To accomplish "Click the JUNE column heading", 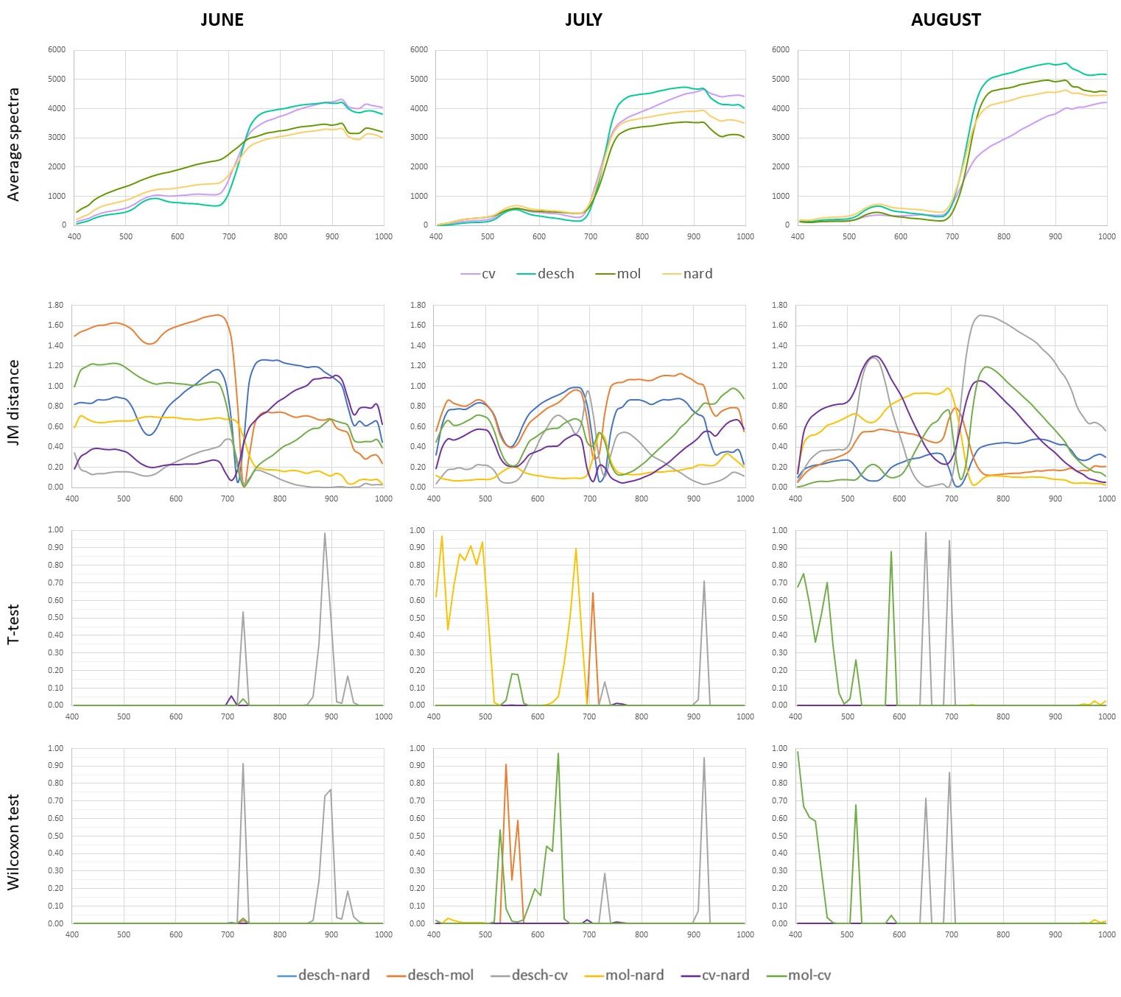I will click(x=222, y=20).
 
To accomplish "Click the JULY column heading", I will click(x=583, y=20).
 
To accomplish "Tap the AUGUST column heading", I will click(x=946, y=20).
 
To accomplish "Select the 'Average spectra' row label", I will click(x=13, y=144).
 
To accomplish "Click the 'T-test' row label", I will click(x=13, y=625).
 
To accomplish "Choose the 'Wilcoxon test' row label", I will click(x=13, y=841).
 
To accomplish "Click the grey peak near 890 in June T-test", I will click(x=325, y=534).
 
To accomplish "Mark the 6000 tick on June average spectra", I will click(x=57, y=50).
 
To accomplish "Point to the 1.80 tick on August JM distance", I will click(x=778, y=305).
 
